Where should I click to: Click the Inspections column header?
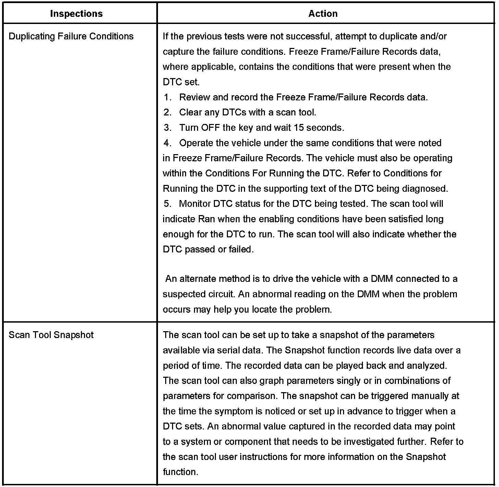click(x=76, y=14)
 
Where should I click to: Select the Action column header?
click(x=323, y=14)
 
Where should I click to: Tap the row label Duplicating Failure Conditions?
click(x=71, y=36)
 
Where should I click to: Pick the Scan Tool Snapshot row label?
click(x=51, y=335)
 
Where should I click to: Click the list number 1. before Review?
click(x=167, y=97)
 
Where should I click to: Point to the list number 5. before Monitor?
click(x=167, y=204)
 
